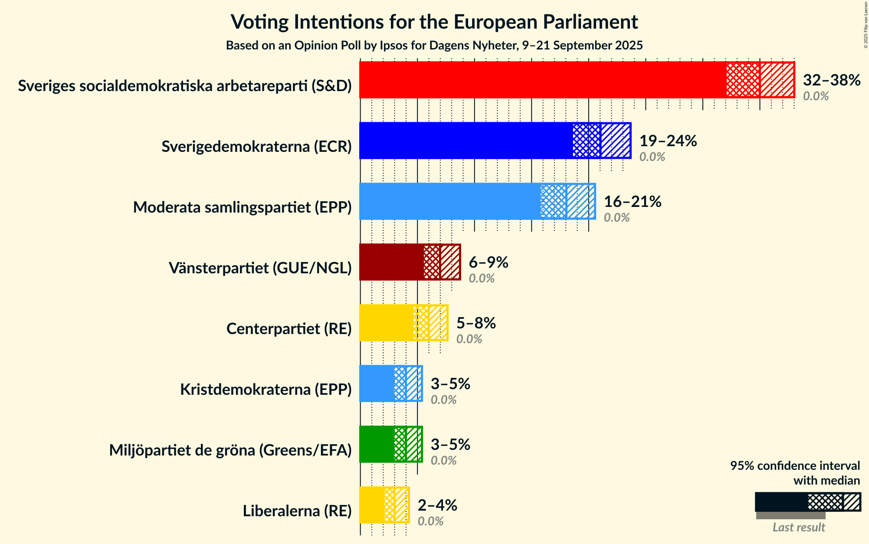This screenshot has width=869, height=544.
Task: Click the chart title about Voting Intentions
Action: coord(434,22)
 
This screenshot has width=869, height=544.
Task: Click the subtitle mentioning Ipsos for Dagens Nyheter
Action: coord(434,46)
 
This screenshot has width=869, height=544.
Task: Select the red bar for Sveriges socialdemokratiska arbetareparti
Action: coord(542,80)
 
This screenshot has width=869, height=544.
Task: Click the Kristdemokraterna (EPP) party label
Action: coord(266,390)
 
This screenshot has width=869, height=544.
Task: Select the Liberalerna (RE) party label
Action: coord(297,511)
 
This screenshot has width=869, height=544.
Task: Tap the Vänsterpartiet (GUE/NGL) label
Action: coord(260,268)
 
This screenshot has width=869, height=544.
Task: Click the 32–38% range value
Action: coord(832,80)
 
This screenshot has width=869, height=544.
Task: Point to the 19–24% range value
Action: coord(668,141)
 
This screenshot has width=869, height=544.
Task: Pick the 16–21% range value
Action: coord(633,202)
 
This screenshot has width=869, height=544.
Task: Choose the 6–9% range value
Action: coord(489,262)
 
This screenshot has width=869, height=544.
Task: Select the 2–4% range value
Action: coord(437,505)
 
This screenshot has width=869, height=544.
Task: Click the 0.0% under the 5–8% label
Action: coord(469,339)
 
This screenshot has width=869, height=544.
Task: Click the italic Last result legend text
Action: coord(799,528)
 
